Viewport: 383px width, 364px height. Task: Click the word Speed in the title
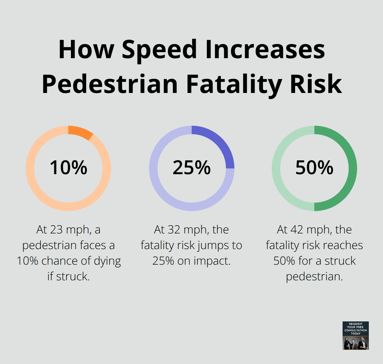click(159, 50)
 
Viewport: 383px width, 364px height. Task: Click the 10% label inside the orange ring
click(68, 168)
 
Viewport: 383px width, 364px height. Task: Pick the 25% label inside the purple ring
click(191, 168)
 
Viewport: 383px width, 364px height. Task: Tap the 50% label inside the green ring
click(314, 168)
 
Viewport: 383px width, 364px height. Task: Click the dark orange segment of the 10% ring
click(81, 132)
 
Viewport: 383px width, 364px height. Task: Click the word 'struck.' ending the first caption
click(68, 276)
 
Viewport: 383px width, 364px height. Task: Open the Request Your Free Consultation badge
click(355, 335)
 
